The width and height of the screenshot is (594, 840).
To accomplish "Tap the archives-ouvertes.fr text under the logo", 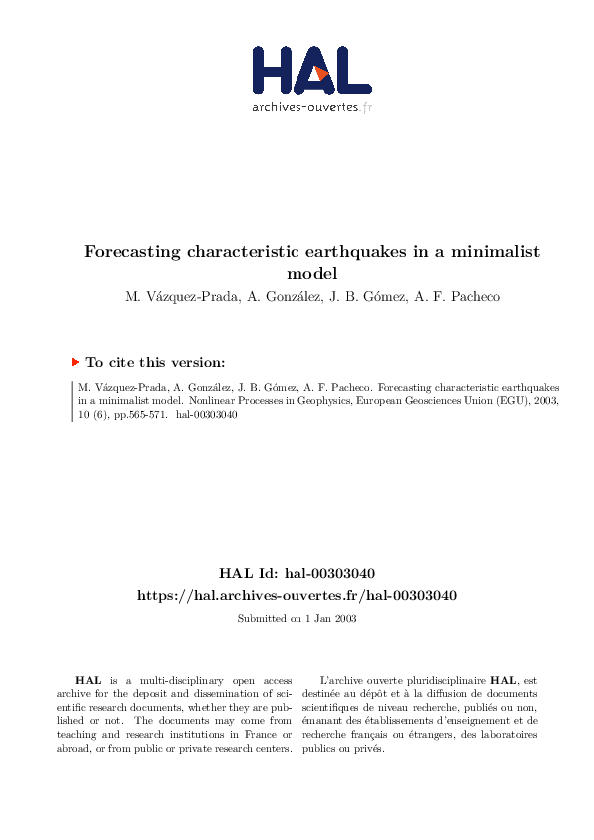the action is coord(311,106).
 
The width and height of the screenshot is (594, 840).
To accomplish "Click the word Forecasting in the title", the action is coord(132,252).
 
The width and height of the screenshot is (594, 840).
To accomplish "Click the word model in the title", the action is coord(311,272).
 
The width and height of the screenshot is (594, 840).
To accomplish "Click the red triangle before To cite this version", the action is coord(75,362).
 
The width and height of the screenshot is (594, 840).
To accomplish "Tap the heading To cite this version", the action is coord(156,363).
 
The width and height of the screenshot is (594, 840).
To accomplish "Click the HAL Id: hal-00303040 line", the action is coord(297,574).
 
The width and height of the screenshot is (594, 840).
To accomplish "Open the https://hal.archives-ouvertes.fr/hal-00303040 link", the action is coord(297,595).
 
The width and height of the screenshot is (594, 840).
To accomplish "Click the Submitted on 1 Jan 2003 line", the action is coord(297,619).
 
